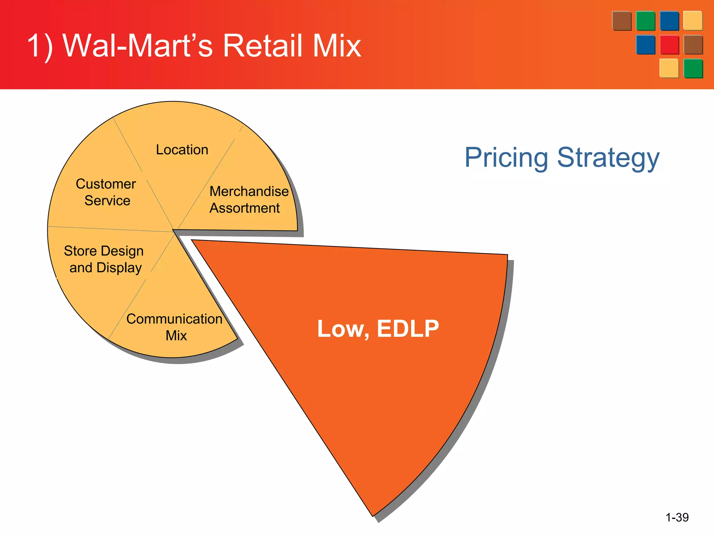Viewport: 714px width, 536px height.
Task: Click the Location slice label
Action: click(x=182, y=150)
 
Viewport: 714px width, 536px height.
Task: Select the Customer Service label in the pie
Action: click(x=106, y=192)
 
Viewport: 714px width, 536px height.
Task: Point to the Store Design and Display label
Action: click(x=104, y=259)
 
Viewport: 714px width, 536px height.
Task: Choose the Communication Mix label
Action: click(x=174, y=327)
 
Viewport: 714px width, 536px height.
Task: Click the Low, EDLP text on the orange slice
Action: click(x=378, y=329)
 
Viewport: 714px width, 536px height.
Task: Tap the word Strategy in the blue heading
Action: click(x=608, y=158)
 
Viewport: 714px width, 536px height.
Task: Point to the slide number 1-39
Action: click(x=677, y=517)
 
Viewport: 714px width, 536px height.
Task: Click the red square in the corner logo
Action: click(x=669, y=45)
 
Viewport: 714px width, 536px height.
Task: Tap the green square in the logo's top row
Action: click(x=645, y=21)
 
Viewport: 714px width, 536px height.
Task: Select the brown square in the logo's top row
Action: click(x=622, y=21)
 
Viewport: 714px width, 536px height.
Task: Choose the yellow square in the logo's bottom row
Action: click(x=669, y=68)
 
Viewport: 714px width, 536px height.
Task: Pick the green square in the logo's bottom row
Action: click(x=693, y=68)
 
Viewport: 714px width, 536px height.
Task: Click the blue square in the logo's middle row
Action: click(x=645, y=45)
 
